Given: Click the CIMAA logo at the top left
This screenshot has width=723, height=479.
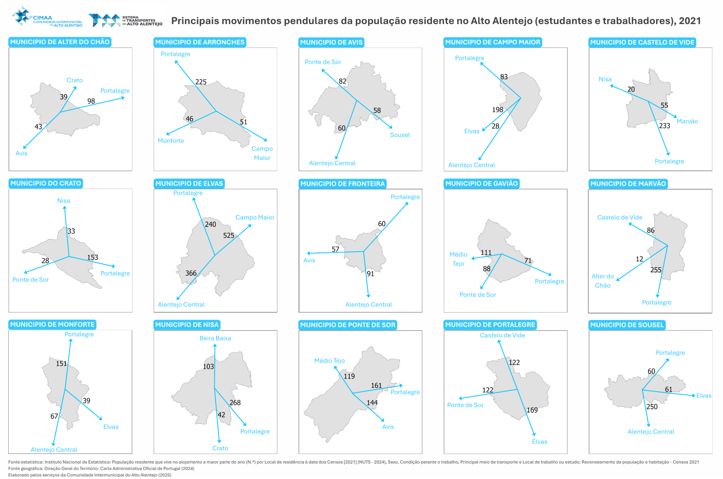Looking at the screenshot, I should point(47,17).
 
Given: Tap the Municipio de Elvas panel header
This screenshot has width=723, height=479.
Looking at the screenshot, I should point(189,184).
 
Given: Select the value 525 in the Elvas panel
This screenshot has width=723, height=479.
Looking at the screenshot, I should point(229,236).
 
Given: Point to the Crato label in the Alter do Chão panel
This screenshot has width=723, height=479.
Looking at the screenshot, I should point(75,80).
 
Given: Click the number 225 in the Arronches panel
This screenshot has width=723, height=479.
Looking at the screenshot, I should point(201,82).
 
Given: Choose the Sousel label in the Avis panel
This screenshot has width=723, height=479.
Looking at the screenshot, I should point(400,135).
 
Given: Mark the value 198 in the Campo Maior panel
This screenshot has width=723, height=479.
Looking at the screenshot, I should point(497,110).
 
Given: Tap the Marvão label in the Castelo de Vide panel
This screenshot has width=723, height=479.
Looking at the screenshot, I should point(687,121).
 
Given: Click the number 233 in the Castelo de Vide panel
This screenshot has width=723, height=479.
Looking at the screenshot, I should point(664,126).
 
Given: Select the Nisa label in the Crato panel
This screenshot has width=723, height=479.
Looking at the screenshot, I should point(64,200).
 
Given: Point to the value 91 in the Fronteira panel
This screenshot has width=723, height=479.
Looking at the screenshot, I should point(371,274).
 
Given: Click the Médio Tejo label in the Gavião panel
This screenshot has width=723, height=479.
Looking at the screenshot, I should point(458,259).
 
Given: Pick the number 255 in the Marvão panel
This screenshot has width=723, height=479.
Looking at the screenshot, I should point(656,270).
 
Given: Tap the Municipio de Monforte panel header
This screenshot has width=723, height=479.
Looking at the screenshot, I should point(52,324).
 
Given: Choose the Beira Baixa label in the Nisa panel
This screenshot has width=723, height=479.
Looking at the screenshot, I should point(215,338).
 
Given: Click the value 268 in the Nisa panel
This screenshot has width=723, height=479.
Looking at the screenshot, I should point(235,402).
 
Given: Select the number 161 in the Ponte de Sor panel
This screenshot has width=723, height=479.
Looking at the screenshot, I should point(376,386).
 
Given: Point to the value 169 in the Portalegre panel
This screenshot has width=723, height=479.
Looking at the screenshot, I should point(532,410).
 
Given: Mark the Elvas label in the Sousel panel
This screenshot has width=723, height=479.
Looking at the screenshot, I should point(703,396).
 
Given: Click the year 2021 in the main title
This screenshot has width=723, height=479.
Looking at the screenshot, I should point(690,21).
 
